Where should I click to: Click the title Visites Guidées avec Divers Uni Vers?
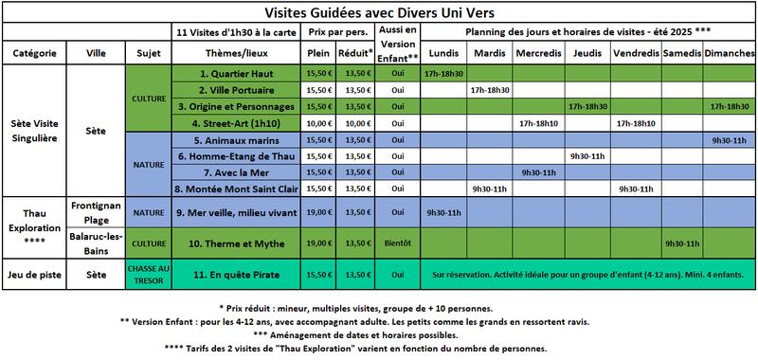(x=379, y=12)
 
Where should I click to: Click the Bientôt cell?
(x=398, y=243)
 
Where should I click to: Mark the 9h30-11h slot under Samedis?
(x=682, y=243)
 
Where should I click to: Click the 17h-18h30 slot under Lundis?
(x=443, y=73)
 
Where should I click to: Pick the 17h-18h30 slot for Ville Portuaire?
(x=491, y=90)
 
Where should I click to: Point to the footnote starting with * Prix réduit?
(x=379, y=309)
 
